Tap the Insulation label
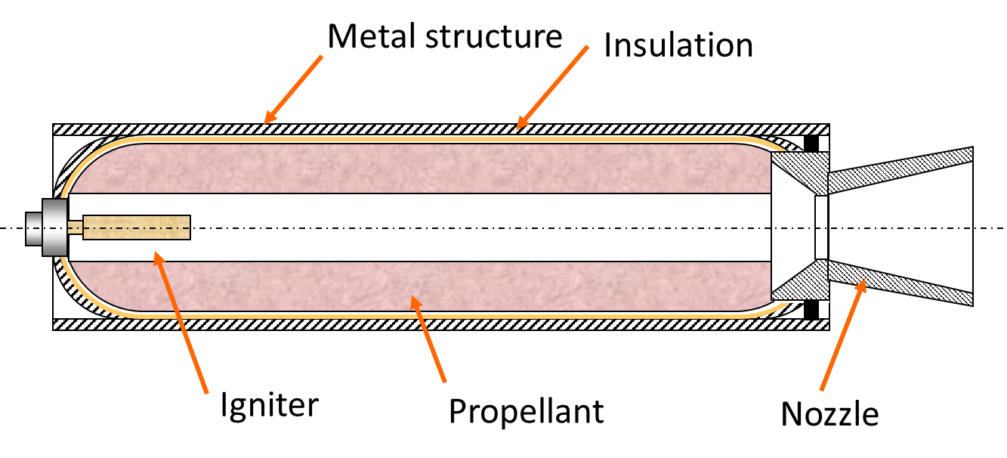(678, 45)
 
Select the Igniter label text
(269, 406)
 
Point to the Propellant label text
(526, 412)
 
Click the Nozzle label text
(829, 413)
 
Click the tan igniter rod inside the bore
(136, 227)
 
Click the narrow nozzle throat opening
(822, 227)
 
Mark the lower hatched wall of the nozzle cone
(899, 285)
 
